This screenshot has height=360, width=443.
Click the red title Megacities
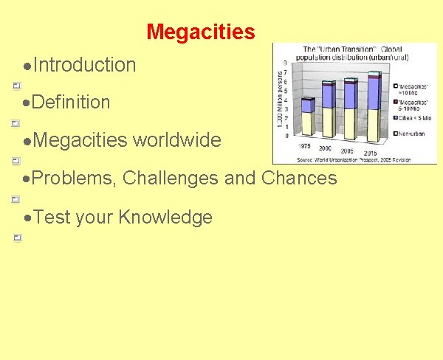(x=200, y=32)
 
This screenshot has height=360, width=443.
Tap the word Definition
(x=72, y=103)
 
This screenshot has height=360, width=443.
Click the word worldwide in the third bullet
(x=176, y=140)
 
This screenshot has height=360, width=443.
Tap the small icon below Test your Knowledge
(x=16, y=238)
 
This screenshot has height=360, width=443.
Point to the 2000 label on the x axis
(x=325, y=148)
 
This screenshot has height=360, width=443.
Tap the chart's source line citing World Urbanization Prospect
(x=354, y=159)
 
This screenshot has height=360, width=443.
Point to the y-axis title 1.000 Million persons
(x=279, y=103)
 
